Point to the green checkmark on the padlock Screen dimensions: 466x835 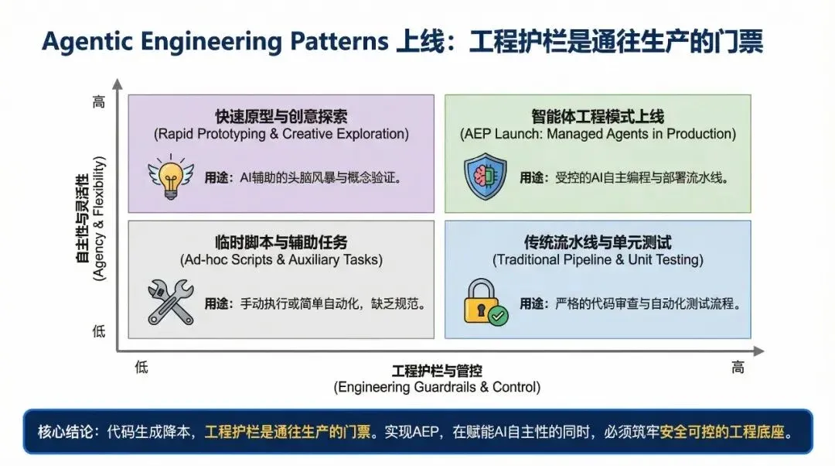[499, 316]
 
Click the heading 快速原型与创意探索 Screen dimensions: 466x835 [281, 117]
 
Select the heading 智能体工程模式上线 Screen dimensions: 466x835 [598, 117]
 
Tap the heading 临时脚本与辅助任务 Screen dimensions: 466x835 [281, 242]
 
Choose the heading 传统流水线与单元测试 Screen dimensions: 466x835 [598, 242]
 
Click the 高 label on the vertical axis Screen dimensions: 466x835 [98, 101]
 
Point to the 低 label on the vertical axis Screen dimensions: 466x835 [98, 331]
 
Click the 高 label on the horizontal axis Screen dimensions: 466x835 [738, 368]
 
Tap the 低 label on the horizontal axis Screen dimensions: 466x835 [141, 368]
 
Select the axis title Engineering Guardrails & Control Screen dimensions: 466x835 [437, 387]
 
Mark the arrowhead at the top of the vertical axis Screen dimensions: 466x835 [117, 83]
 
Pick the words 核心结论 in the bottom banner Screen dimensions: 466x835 [63, 431]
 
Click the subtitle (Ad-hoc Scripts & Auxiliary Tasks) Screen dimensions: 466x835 [281, 260]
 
